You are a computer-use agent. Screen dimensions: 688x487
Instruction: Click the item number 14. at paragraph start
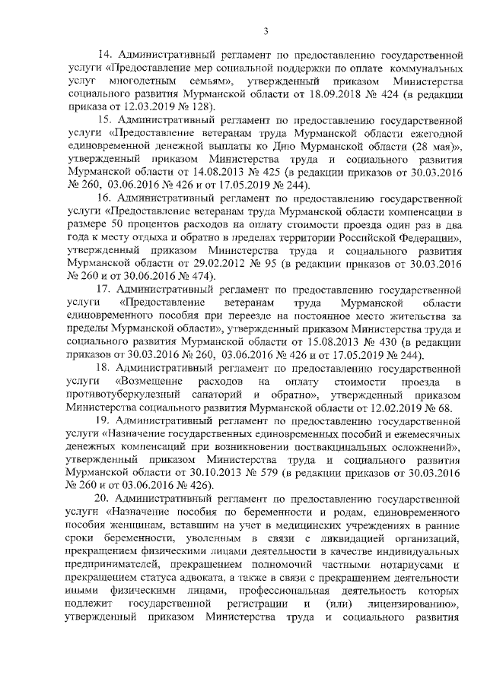[108, 55]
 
